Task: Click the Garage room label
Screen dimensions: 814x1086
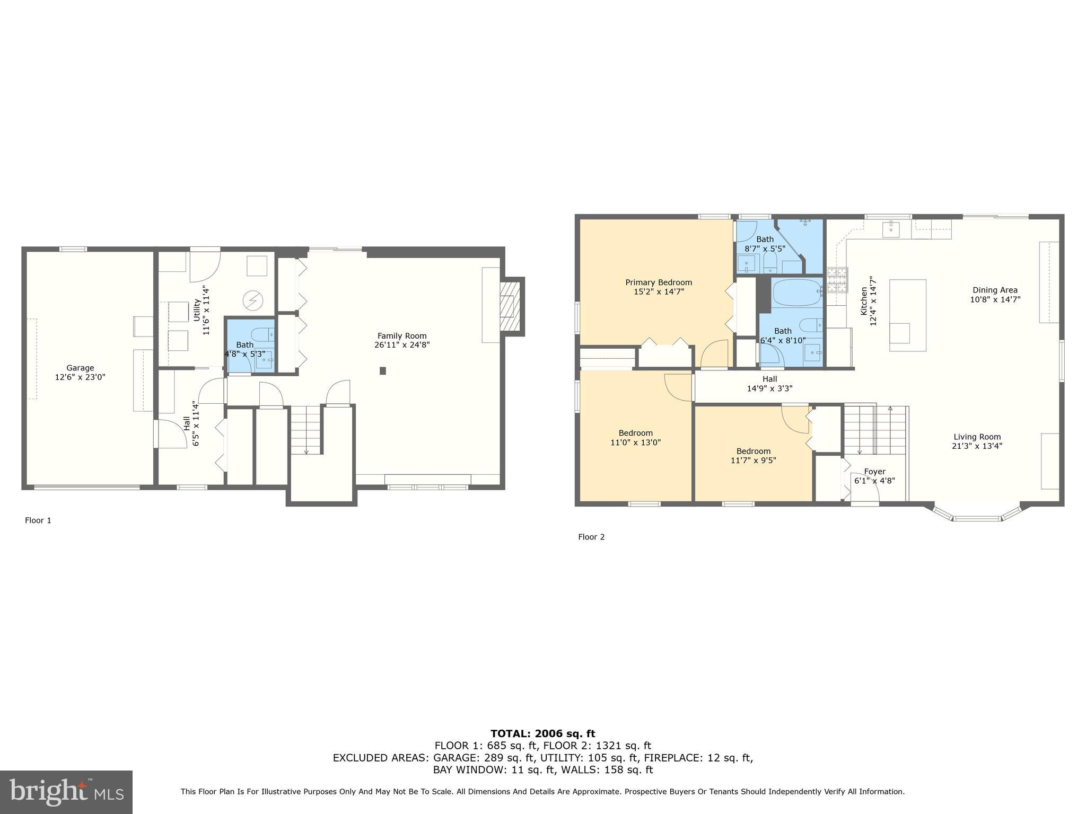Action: coord(80,368)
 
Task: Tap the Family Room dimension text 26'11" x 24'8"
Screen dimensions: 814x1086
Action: coord(401,345)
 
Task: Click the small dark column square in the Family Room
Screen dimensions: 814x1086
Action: coord(382,371)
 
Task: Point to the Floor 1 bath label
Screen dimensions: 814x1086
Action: coord(244,345)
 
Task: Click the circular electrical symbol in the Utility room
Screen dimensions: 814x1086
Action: coord(253,301)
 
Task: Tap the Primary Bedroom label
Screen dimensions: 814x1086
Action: coord(658,282)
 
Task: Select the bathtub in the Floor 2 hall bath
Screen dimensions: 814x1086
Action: coord(796,293)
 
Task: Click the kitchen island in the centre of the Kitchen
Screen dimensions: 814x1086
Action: coord(907,315)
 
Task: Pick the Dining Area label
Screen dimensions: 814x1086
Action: coord(995,290)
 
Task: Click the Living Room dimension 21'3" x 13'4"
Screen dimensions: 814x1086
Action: coord(977,446)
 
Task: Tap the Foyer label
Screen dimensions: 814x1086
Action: coord(874,472)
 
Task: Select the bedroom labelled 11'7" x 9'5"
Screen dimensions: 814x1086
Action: coord(753,456)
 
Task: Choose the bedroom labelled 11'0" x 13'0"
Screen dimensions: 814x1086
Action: coord(635,438)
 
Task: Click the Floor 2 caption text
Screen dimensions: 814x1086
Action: coord(591,537)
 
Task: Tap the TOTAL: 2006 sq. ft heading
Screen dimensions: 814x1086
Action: coord(542,734)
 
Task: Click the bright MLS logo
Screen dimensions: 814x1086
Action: coord(66,792)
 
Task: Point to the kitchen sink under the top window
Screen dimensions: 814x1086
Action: coord(890,229)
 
